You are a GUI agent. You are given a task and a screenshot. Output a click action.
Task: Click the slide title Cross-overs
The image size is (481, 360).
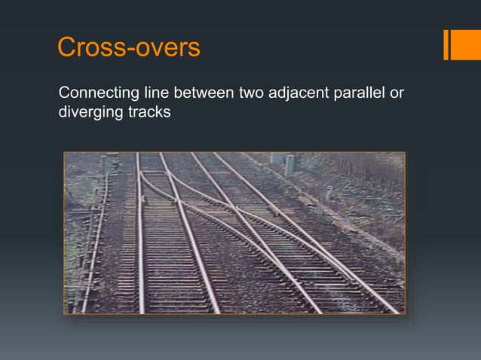pyautogui.click(x=128, y=47)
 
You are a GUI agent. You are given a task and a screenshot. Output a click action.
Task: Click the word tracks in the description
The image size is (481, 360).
pyautogui.click(x=146, y=113)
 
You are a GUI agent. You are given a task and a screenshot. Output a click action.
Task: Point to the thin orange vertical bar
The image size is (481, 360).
pyautogui.click(x=446, y=44)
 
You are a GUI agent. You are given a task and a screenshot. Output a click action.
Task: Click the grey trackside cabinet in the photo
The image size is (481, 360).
pyautogui.click(x=290, y=164)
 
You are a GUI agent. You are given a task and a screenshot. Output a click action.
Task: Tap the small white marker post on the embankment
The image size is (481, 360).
pyautogui.click(x=329, y=192)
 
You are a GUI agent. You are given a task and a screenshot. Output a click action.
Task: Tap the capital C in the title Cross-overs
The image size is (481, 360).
pyautogui.click(x=68, y=47)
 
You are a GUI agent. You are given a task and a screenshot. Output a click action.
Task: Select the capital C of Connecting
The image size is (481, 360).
pyautogui.click(x=64, y=95)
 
